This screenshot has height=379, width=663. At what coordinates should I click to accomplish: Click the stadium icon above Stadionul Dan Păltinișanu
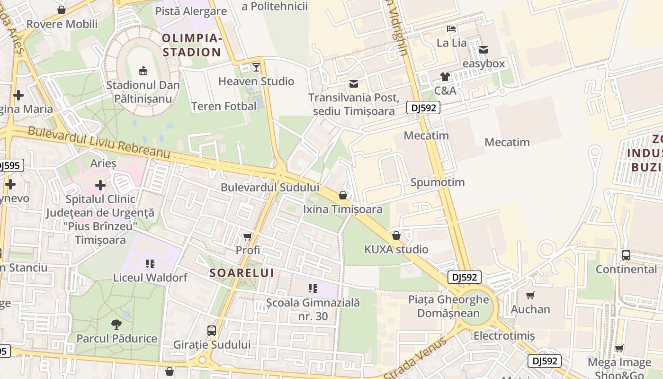[143, 71]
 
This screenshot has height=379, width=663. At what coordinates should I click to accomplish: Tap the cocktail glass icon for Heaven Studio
[256, 67]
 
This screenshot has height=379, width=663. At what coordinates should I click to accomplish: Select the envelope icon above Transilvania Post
[354, 84]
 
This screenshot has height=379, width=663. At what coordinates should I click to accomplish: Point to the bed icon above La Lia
[451, 29]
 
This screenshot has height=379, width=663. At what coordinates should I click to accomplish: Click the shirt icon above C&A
[445, 76]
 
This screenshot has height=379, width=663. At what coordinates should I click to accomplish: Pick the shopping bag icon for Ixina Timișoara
[343, 195]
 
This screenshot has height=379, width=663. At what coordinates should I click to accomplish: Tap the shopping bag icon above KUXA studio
[396, 235]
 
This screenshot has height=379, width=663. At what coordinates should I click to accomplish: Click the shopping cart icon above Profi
[248, 236]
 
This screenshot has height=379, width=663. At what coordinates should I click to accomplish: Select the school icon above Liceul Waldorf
[150, 263]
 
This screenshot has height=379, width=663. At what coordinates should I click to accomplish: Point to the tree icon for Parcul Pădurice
[116, 325]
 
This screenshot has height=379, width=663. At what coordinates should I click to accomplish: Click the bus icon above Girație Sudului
[212, 330]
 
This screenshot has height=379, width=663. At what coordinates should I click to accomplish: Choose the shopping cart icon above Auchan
[530, 295]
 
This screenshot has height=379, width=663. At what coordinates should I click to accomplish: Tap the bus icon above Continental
[626, 255]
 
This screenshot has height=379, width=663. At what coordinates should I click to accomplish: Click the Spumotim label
[437, 182]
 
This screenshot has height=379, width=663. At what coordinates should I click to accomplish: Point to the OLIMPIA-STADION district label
[191, 45]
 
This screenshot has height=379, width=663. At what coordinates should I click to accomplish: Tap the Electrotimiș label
[504, 336]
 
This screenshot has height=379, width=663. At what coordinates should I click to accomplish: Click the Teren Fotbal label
[224, 106]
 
